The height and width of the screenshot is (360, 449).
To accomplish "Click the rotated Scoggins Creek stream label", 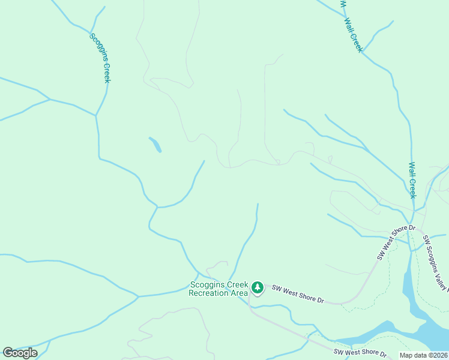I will click(x=100, y=58).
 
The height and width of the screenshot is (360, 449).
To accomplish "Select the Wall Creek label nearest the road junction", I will click(x=412, y=180).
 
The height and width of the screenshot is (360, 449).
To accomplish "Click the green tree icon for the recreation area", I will click(x=258, y=289).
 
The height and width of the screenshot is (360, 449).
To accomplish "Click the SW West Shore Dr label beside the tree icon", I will click(x=298, y=294).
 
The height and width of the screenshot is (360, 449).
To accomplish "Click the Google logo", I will click(x=20, y=353).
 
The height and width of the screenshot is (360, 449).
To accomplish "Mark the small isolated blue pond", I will click(x=155, y=145).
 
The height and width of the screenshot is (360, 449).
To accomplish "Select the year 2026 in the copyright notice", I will click(x=439, y=355).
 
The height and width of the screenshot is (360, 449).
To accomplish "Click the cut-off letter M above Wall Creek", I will click(x=343, y=3).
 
